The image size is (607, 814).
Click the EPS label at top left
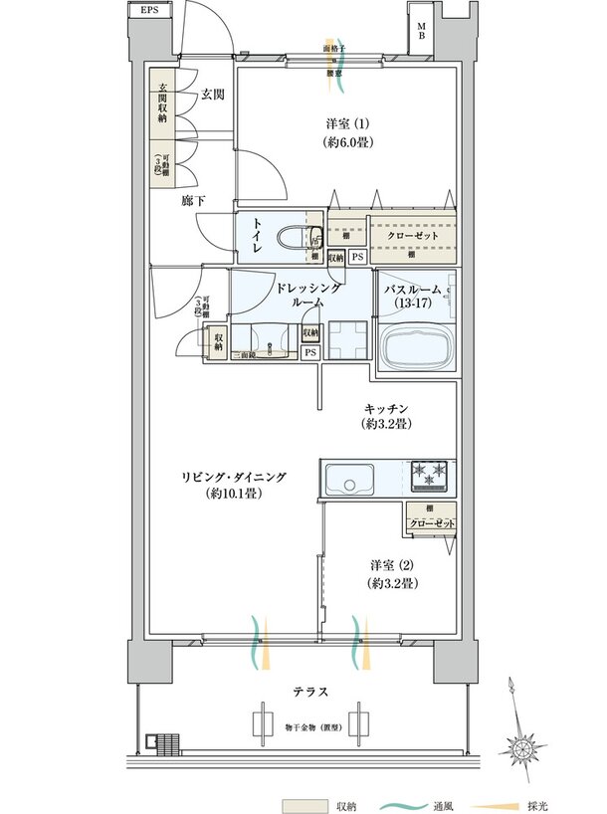pos(149,11)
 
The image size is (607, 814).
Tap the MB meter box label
pos(422,33)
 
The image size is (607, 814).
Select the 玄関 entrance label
pos(212,95)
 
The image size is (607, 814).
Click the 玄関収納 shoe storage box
pos(162,103)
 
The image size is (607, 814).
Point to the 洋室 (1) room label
pos(347,132)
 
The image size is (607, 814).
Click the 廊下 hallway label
pos(194,200)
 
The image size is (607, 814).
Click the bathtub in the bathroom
pos(414,350)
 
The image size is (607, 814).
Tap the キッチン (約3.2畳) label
pos(388,416)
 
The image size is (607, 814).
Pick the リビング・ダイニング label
pos(235,485)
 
